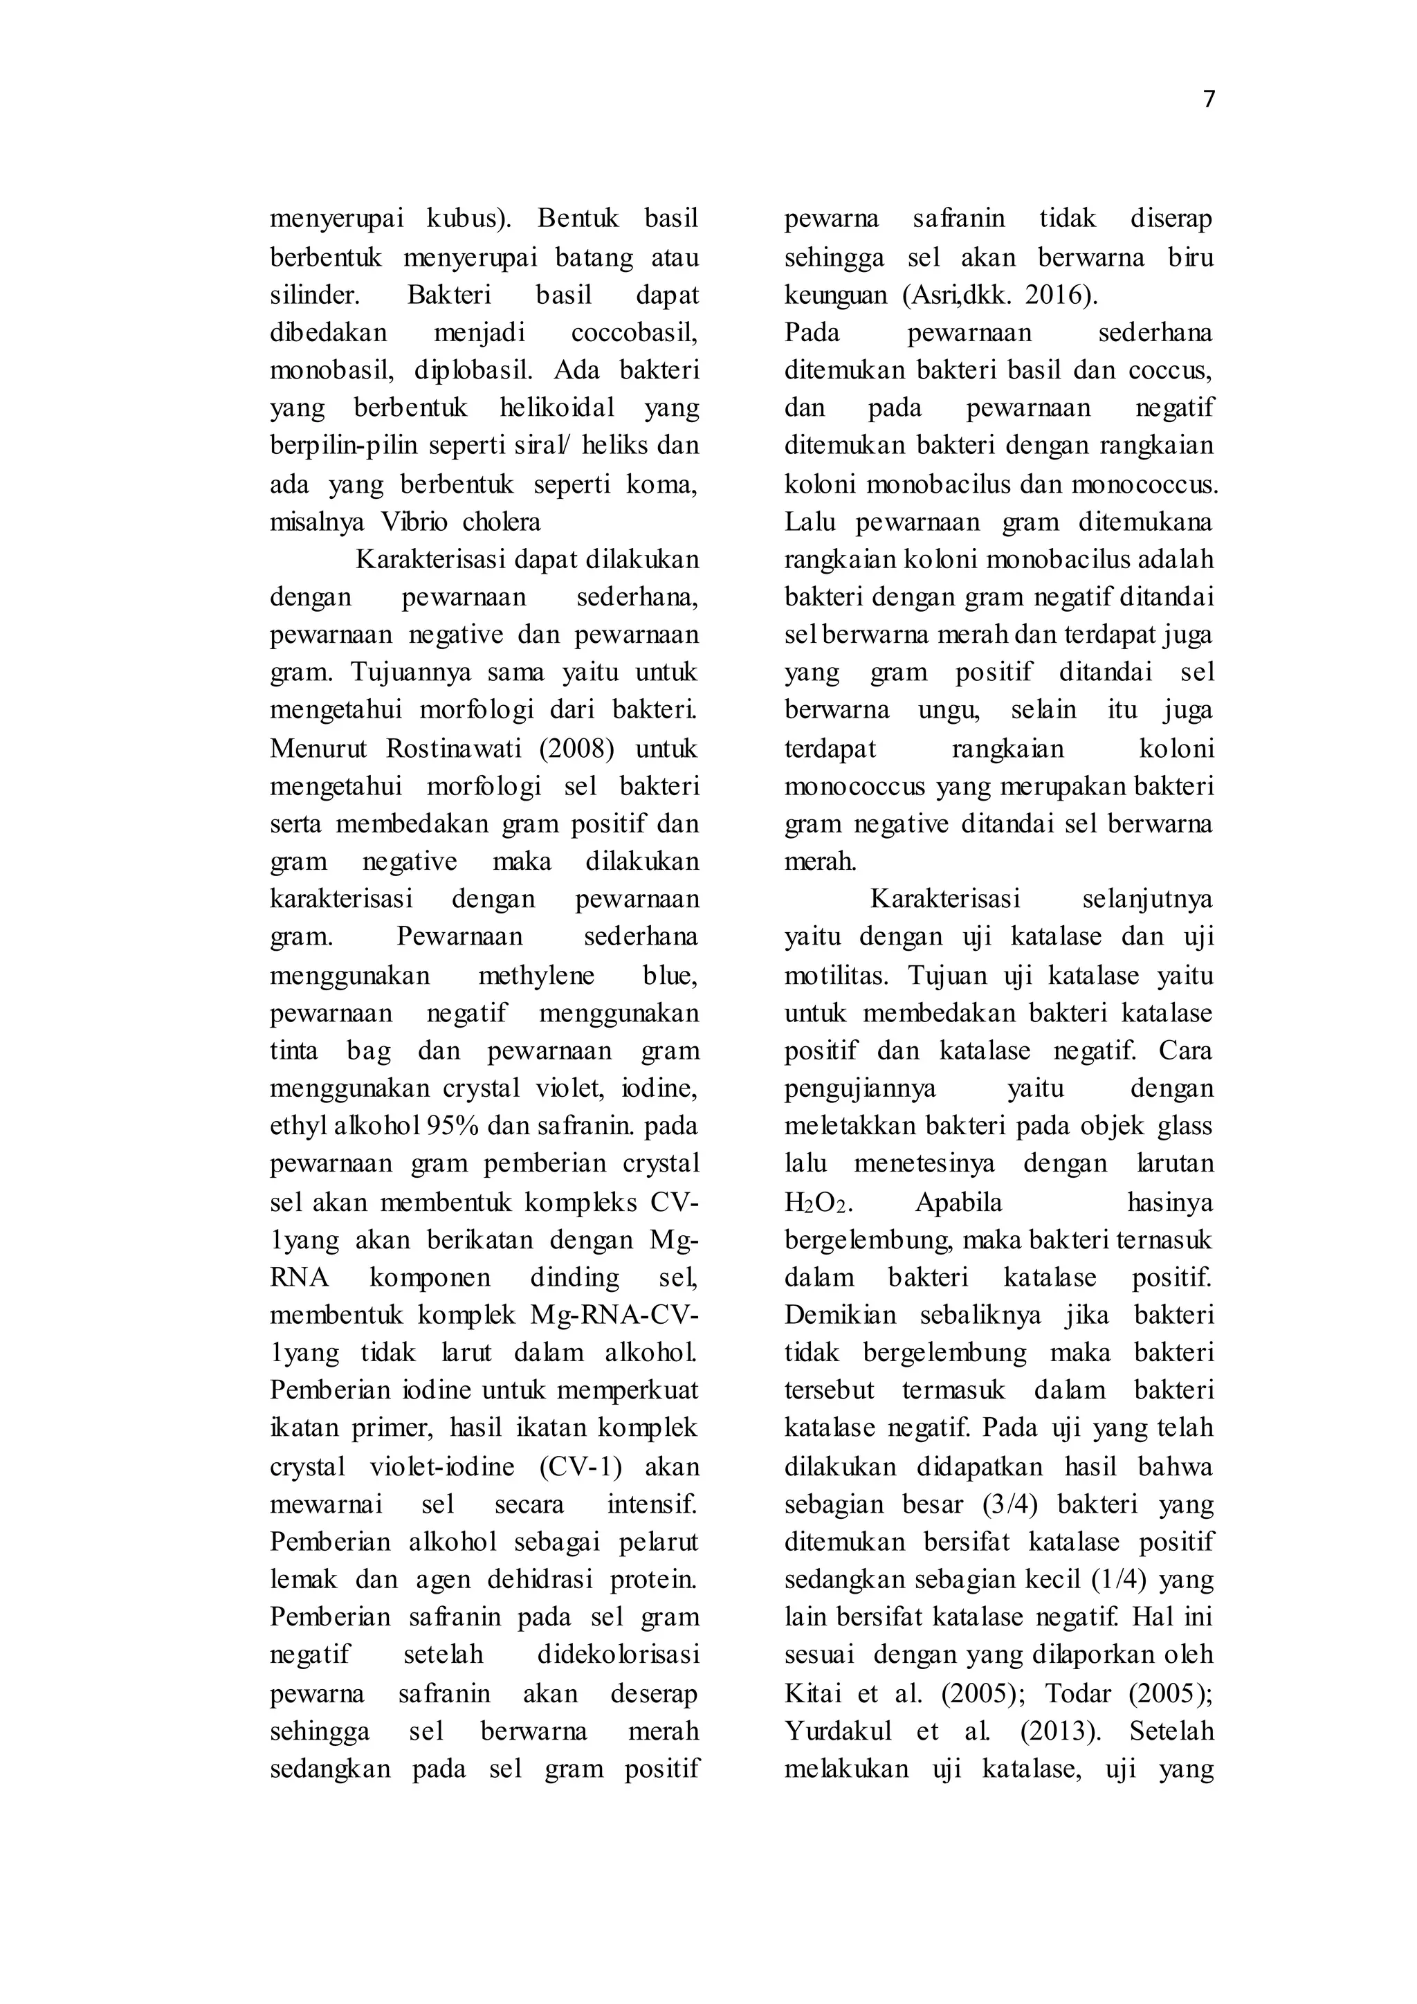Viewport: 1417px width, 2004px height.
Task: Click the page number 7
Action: point(1209,100)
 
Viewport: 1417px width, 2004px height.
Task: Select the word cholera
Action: point(502,522)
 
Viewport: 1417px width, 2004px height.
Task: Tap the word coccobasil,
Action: point(634,334)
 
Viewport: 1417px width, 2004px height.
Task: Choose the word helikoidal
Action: point(558,408)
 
